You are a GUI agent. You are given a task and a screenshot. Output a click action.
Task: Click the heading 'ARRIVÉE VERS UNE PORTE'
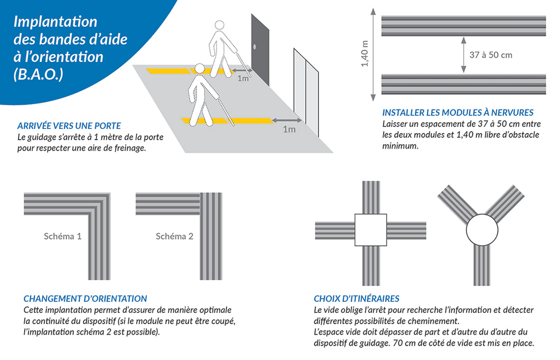[x=69, y=126]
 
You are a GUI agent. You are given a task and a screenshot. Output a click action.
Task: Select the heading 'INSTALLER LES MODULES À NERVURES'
[x=458, y=113]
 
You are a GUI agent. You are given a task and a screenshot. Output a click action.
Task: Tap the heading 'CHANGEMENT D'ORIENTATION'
[x=86, y=299]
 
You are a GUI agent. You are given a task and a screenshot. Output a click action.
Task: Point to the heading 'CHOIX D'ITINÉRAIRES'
[x=357, y=299]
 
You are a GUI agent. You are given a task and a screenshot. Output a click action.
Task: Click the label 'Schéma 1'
[x=62, y=236]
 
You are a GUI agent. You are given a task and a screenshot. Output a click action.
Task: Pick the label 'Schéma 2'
[x=174, y=236]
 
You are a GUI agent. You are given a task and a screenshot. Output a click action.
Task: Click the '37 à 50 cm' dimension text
[x=491, y=55]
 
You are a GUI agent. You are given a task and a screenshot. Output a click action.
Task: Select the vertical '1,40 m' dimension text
[x=365, y=53]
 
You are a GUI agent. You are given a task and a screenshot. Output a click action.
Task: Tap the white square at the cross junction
[x=371, y=230]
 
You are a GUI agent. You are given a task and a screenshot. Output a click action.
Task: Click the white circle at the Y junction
[x=482, y=230]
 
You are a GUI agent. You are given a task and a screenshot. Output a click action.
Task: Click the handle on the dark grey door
[x=254, y=47]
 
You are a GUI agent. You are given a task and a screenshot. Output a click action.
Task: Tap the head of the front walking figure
[x=199, y=69]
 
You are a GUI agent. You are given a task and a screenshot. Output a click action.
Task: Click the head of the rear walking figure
[x=219, y=26]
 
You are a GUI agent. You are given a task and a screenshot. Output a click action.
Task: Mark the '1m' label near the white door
[x=289, y=129]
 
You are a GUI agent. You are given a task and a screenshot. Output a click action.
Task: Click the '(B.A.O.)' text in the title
[x=38, y=75]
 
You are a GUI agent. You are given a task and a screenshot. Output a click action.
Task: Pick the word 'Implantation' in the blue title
[x=55, y=22]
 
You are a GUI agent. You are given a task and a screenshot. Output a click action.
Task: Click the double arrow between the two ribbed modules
[x=463, y=54]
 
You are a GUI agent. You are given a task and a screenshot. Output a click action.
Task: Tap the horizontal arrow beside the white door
[x=287, y=120]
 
